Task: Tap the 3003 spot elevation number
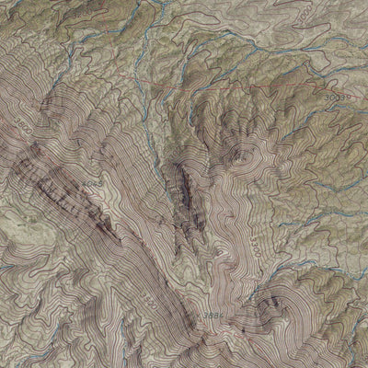[x=342, y=97]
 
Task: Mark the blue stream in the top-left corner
[x=18, y=14]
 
